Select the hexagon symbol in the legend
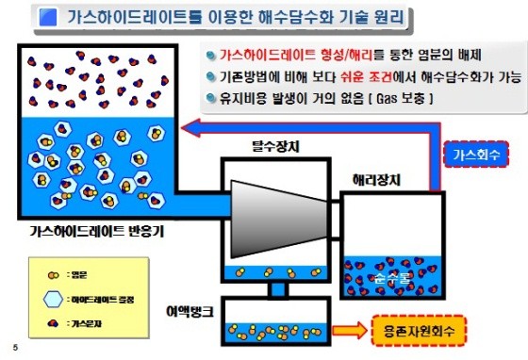tap(56, 296)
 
